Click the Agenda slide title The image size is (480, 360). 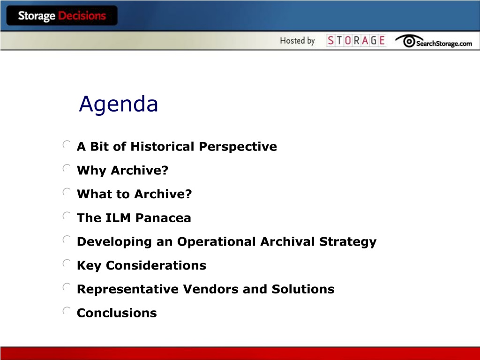click(x=119, y=105)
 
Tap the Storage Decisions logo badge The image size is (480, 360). click(x=62, y=15)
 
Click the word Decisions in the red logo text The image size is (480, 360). click(x=82, y=15)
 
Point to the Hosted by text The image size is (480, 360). click(x=297, y=41)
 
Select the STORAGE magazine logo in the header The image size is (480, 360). click(x=356, y=40)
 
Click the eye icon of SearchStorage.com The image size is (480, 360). click(x=408, y=41)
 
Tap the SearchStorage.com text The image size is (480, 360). click(x=444, y=44)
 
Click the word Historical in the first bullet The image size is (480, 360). click(x=162, y=146)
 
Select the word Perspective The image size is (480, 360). click(x=238, y=147)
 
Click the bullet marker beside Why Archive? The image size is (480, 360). click(x=67, y=168)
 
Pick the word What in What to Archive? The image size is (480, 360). click(x=94, y=194)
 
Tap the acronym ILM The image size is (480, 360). click(x=118, y=217)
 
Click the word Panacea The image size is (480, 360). click(x=163, y=217)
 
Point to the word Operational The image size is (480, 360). click(x=217, y=241)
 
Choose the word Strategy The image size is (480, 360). click(x=348, y=242)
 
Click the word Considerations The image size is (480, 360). click(x=156, y=265)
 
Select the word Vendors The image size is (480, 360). click(x=210, y=289)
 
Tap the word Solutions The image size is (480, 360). click(x=303, y=289)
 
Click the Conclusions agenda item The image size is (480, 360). click(x=117, y=313)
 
